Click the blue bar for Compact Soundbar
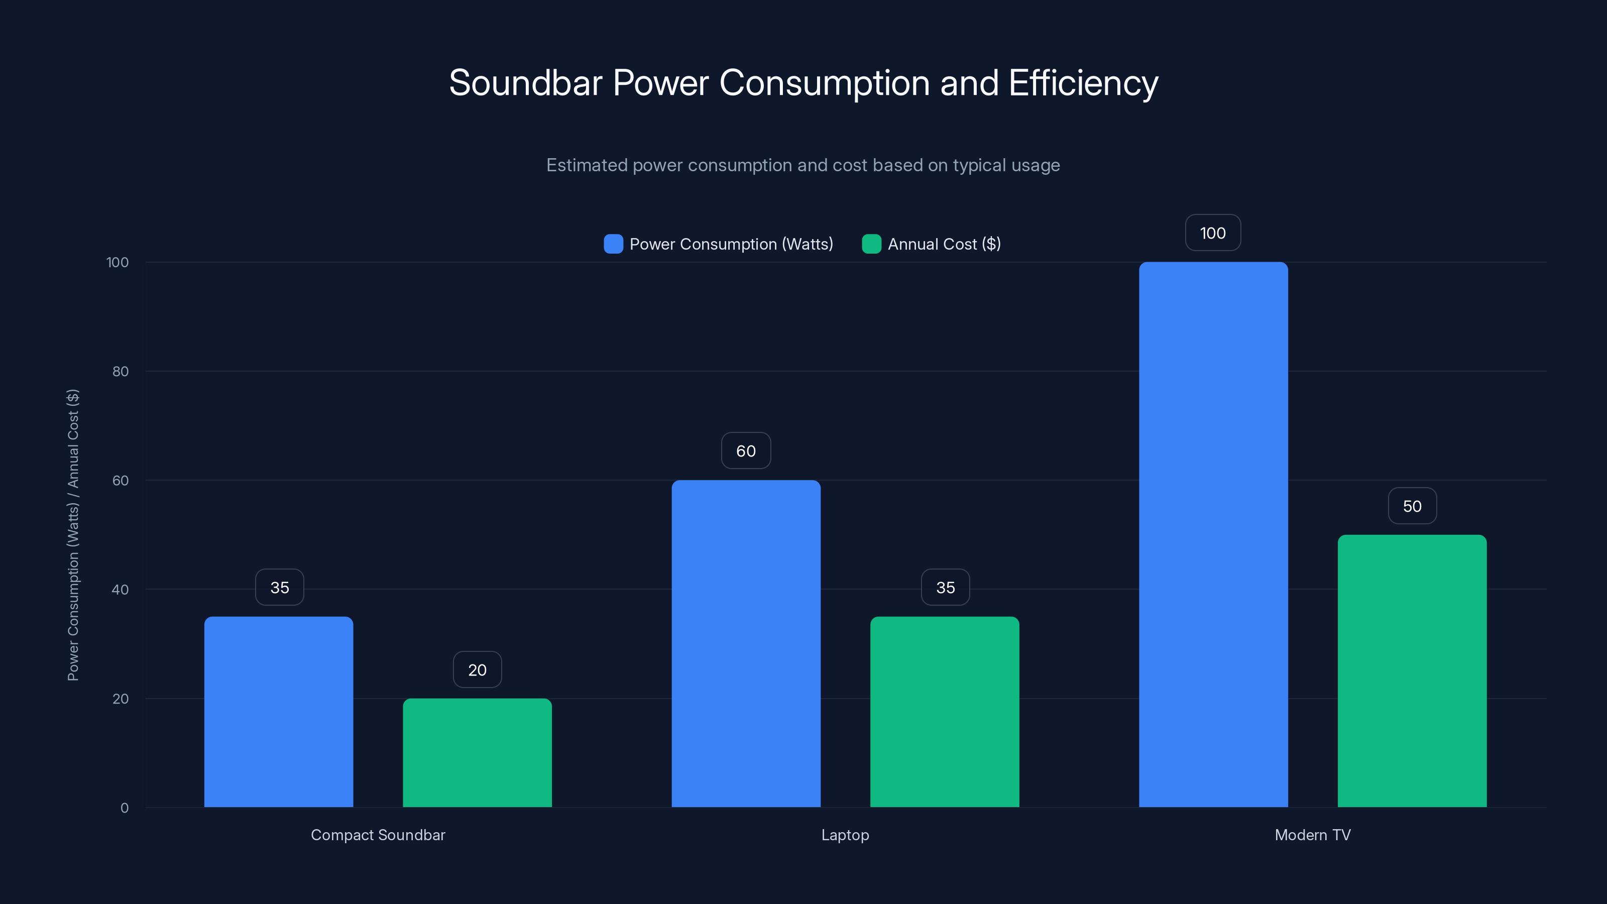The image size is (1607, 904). click(x=278, y=711)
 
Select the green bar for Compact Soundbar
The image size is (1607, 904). click(x=477, y=752)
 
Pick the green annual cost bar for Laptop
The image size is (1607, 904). click(x=945, y=711)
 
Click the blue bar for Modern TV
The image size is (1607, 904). click(x=1213, y=534)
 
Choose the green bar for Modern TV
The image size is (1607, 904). click(x=1412, y=670)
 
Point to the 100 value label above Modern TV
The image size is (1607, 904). click(x=1213, y=233)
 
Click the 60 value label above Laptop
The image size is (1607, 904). click(x=745, y=450)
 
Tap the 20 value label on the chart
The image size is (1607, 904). click(x=477, y=669)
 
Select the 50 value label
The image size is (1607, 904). click(x=1412, y=506)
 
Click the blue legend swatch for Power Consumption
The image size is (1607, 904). click(x=613, y=244)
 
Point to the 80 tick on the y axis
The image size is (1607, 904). click(x=121, y=371)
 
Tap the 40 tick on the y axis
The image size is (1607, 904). click(x=121, y=590)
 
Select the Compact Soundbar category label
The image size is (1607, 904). click(x=378, y=835)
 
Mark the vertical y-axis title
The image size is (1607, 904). click(x=73, y=535)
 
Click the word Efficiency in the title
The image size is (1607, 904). click(x=1083, y=83)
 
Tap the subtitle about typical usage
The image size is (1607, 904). click(x=803, y=165)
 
